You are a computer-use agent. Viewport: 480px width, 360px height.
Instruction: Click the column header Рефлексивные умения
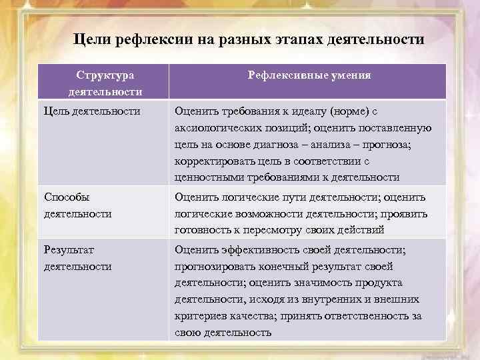(309, 75)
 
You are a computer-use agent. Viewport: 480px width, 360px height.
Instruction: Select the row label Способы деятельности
(77, 205)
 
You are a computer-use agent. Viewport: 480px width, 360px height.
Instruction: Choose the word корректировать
(215, 162)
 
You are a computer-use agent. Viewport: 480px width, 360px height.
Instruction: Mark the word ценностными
(209, 178)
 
